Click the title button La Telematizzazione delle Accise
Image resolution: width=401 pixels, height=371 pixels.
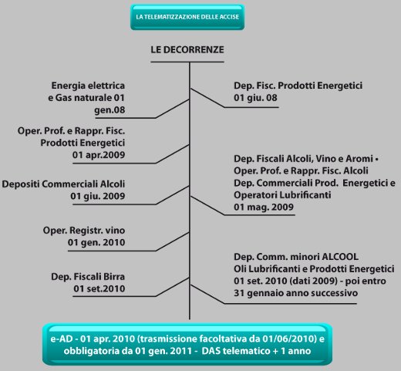pos(187,17)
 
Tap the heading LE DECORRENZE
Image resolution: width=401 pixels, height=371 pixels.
pos(187,49)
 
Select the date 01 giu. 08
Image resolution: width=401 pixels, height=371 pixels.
pos(255,98)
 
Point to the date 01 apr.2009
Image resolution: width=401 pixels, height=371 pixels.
pos(99,155)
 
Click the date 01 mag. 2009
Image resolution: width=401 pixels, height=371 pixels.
pos(264,207)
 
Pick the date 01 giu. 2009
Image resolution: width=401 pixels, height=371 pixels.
pos(98,196)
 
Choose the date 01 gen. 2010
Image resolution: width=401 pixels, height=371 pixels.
pos(96,242)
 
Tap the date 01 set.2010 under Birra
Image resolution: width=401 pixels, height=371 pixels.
pos(99,288)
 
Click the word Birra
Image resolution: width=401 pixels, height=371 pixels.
pos(114,277)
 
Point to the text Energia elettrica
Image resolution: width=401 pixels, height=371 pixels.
pos(88,86)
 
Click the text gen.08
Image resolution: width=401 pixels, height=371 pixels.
pos(110,110)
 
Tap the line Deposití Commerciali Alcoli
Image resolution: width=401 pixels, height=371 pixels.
pos(63,184)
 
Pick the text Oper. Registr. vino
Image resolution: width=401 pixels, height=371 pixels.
pos(84,231)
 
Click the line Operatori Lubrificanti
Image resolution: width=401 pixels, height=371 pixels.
pos(282,195)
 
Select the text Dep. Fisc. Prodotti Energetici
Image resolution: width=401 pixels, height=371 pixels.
pos(298,86)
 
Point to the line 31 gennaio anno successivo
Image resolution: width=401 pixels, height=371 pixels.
pos(296,293)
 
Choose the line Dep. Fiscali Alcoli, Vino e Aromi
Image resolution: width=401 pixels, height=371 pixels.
pos(303,159)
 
